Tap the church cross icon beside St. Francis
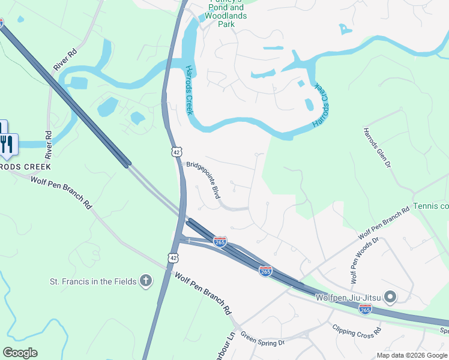click(145, 281)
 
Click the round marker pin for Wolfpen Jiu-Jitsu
click(390, 297)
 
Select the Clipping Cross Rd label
click(357, 331)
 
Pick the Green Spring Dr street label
click(262, 339)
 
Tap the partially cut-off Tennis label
click(431, 206)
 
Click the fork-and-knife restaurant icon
click(7, 143)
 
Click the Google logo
click(20, 353)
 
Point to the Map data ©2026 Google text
click(411, 355)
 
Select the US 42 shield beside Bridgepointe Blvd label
click(176, 152)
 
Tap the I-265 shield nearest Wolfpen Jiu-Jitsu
click(365, 309)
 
